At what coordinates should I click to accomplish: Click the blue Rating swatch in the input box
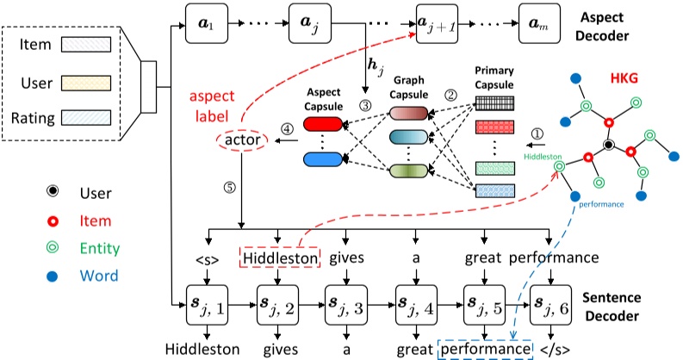click(84, 120)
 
